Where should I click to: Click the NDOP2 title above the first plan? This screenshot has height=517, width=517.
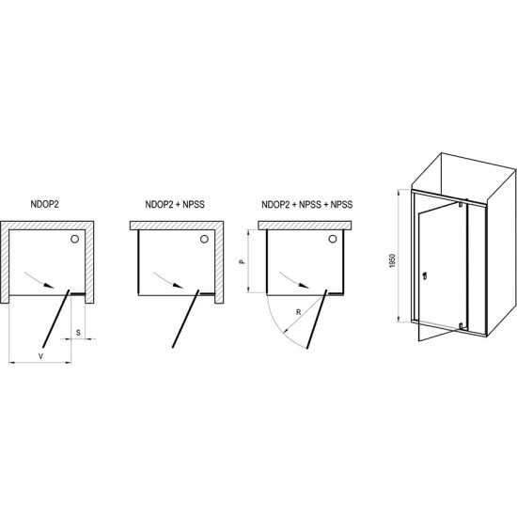coord(44,204)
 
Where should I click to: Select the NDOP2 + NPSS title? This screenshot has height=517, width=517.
coord(175,204)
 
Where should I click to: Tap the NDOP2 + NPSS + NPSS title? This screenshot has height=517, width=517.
coord(307,204)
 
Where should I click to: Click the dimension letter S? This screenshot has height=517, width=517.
coord(78,333)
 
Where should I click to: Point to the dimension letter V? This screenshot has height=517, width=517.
coord(40,356)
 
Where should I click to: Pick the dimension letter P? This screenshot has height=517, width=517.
coord(242,262)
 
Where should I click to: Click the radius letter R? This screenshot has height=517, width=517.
coord(298,312)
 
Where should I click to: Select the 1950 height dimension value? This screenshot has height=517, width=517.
coord(392,260)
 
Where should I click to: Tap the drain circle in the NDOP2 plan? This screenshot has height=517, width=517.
coord(75,239)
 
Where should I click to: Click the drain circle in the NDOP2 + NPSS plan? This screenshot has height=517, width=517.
coord(204,239)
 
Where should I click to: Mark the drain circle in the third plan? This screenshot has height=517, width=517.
coord(333,239)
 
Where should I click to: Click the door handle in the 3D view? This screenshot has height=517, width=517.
coord(425,274)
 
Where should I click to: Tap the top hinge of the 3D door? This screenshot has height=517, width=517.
coord(461,203)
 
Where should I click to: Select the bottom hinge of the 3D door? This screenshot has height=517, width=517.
coord(462,326)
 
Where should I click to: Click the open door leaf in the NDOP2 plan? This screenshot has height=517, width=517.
coord(56,319)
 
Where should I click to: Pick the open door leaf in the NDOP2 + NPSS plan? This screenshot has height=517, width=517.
coord(185,319)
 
